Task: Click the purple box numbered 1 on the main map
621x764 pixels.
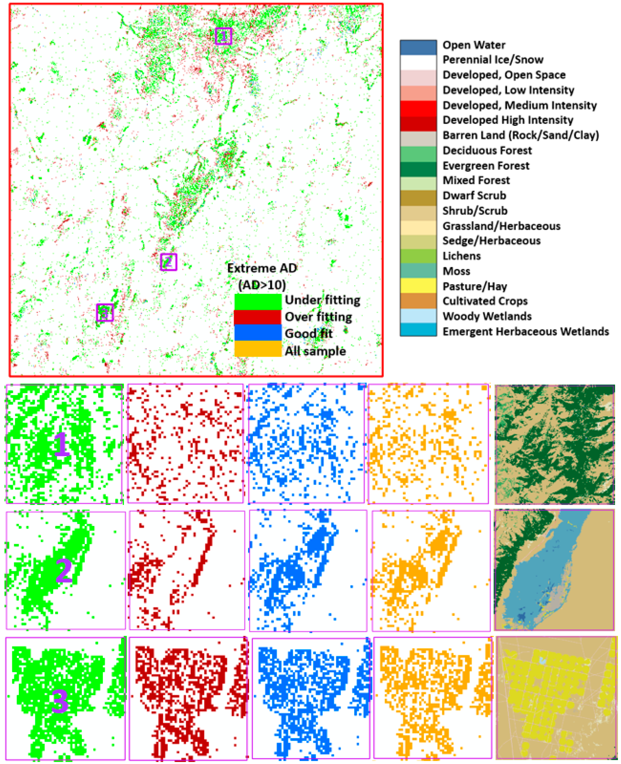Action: click(223, 36)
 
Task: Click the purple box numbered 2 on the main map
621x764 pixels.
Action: click(169, 262)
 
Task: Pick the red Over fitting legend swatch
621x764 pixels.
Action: click(258, 317)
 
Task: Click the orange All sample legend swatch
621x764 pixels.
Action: click(258, 349)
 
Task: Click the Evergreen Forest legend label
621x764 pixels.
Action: click(486, 166)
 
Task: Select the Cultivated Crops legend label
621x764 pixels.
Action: click(485, 301)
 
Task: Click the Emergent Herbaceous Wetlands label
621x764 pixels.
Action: click(525, 331)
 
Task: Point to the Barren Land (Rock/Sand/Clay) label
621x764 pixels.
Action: click(520, 135)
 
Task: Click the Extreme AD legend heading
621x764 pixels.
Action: click(262, 268)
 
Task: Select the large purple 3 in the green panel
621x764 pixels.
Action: click(60, 702)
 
